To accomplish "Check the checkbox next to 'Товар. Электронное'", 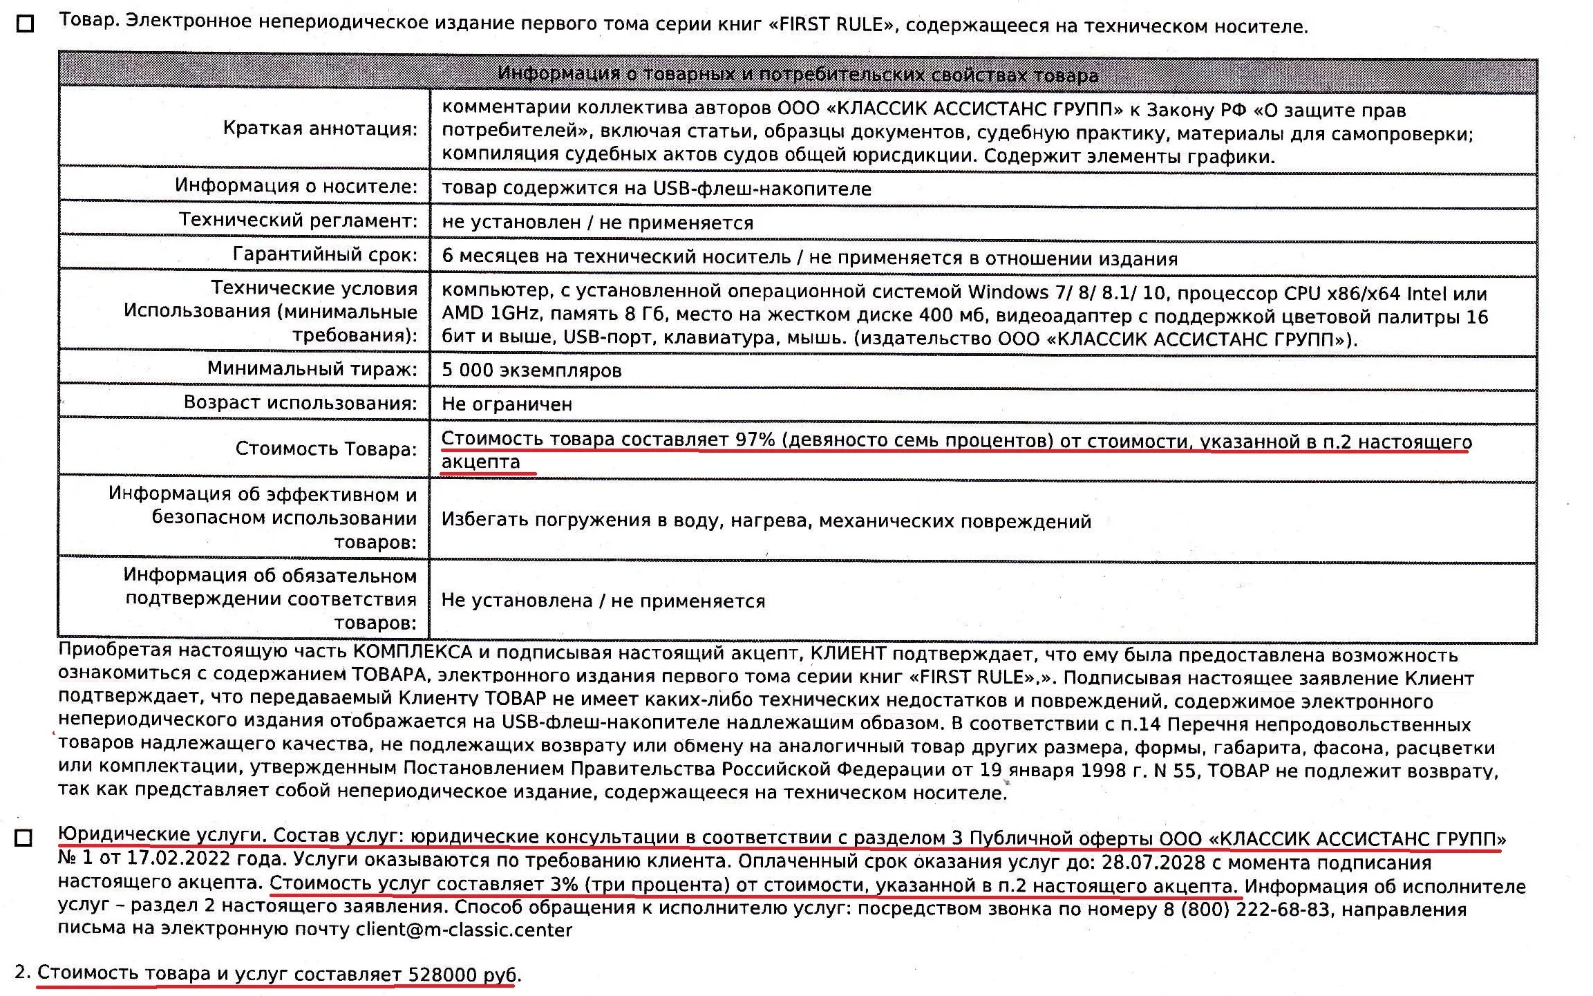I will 25,24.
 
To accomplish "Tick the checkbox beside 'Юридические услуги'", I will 23,838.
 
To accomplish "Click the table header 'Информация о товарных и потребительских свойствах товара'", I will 798,75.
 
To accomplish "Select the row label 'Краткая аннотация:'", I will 320,129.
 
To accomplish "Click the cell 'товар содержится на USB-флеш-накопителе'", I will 656,189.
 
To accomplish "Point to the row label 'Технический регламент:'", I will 298,220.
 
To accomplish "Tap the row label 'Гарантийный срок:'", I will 325,255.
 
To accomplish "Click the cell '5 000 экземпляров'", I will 531,370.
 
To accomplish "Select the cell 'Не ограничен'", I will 507,404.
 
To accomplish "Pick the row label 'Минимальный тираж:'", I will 312,369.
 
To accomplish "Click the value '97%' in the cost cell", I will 755,440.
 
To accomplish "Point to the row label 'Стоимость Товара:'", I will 326,449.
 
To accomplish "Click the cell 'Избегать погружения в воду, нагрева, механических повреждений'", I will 766,521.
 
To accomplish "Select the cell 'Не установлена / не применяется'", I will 603,601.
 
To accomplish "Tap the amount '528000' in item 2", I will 442,975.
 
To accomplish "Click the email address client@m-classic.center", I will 464,930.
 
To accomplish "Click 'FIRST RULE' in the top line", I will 831,25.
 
